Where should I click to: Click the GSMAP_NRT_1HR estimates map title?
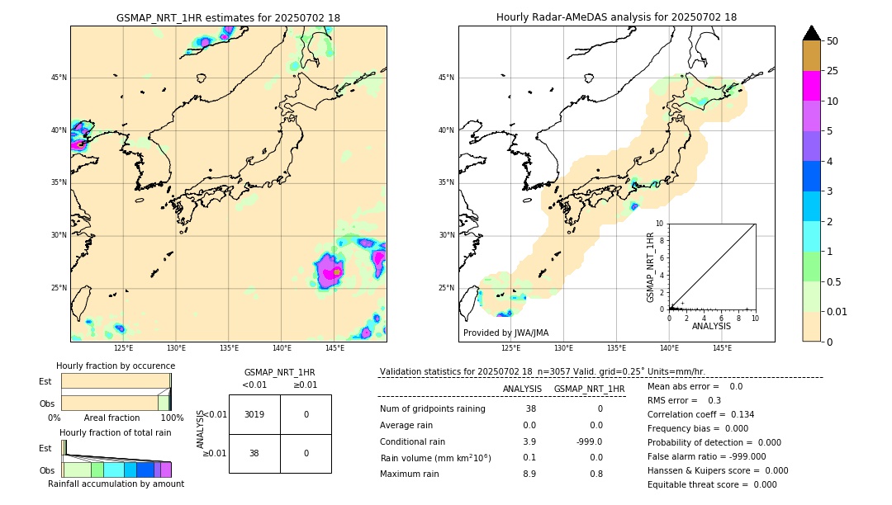(x=228, y=17)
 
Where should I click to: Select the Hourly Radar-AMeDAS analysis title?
(x=616, y=17)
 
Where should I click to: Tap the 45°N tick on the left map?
(x=59, y=78)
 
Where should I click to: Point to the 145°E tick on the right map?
(x=722, y=348)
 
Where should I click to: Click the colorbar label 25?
(x=833, y=71)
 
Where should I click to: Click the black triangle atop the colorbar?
(x=812, y=33)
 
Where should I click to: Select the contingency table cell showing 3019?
(x=254, y=414)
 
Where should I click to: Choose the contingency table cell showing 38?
(x=254, y=453)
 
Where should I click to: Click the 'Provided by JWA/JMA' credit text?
(x=505, y=333)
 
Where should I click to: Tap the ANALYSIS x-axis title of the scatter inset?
(x=711, y=327)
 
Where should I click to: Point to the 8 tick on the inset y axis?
(x=661, y=240)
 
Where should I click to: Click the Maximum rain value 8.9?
(x=529, y=474)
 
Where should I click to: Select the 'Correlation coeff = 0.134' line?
(x=700, y=414)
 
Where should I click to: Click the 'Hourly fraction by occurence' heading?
(x=116, y=366)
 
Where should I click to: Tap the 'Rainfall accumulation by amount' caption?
(x=116, y=484)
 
